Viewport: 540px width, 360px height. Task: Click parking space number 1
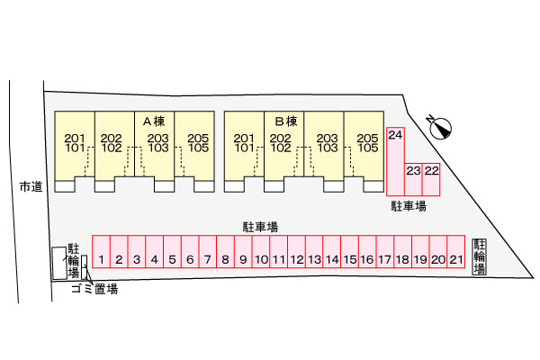(x=101, y=251)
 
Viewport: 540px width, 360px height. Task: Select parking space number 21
(x=456, y=251)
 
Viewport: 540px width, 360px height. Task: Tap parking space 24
(x=395, y=162)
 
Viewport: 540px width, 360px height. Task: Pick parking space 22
(x=431, y=179)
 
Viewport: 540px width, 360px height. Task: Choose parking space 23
(x=413, y=179)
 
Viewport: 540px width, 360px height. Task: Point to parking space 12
(x=296, y=251)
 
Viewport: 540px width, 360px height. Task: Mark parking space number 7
(x=208, y=251)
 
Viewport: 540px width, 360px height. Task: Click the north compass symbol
(x=440, y=128)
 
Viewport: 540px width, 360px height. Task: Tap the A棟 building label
(x=154, y=121)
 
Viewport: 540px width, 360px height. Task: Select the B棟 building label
(x=286, y=121)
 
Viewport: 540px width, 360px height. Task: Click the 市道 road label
(x=31, y=187)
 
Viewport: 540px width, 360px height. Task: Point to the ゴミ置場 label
(x=94, y=289)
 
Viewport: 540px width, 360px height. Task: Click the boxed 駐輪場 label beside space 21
(x=480, y=256)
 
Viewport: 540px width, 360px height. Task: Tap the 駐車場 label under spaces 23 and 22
(x=409, y=206)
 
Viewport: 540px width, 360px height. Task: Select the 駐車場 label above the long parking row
(x=260, y=227)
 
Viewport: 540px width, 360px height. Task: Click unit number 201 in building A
(x=75, y=139)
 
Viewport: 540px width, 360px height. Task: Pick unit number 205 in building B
(x=367, y=139)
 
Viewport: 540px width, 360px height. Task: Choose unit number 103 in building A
(x=158, y=148)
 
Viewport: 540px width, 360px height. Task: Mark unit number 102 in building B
(x=281, y=148)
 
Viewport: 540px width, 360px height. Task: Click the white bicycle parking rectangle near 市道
(x=58, y=263)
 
